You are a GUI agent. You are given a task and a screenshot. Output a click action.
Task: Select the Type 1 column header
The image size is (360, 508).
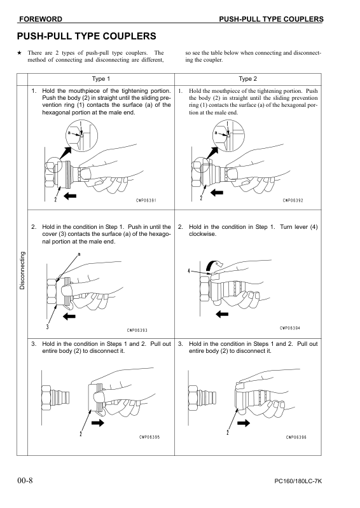pyautogui.click(x=101, y=79)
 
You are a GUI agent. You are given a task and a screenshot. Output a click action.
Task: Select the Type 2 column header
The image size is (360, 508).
pyautogui.click(x=247, y=79)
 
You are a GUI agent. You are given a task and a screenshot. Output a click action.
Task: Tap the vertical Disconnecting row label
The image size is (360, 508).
pyautogui.click(x=22, y=271)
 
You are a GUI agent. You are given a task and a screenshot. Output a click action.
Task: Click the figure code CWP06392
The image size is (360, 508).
pyautogui.click(x=293, y=200)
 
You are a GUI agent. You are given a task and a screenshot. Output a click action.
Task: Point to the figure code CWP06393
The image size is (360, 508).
pyautogui.click(x=137, y=330)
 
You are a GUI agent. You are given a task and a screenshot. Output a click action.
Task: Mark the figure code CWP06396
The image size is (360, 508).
pyautogui.click(x=296, y=437)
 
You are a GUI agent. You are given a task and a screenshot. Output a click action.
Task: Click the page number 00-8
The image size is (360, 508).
pyautogui.click(x=25, y=479)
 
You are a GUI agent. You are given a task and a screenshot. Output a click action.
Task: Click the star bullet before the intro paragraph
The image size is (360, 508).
pyautogui.click(x=20, y=53)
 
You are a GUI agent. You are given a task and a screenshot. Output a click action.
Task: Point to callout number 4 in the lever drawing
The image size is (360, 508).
pyautogui.click(x=189, y=271)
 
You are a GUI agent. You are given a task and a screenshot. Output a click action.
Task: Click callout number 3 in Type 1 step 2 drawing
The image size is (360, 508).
pyautogui.click(x=47, y=327)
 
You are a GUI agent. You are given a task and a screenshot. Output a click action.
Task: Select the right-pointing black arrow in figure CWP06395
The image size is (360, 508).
pyautogui.click(x=97, y=421)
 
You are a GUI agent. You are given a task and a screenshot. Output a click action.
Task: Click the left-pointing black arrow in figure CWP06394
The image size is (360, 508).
pyautogui.click(x=223, y=313)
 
